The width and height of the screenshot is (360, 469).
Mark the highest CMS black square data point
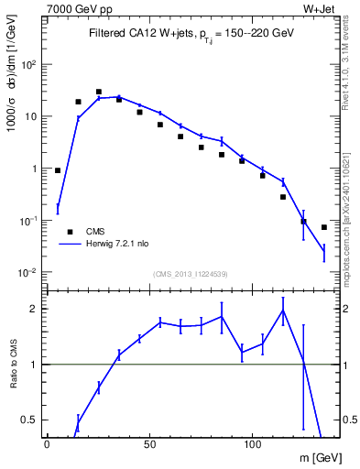(x=99, y=92)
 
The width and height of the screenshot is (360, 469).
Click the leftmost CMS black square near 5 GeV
(x=58, y=170)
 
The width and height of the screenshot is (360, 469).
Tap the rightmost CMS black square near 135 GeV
(x=324, y=227)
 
